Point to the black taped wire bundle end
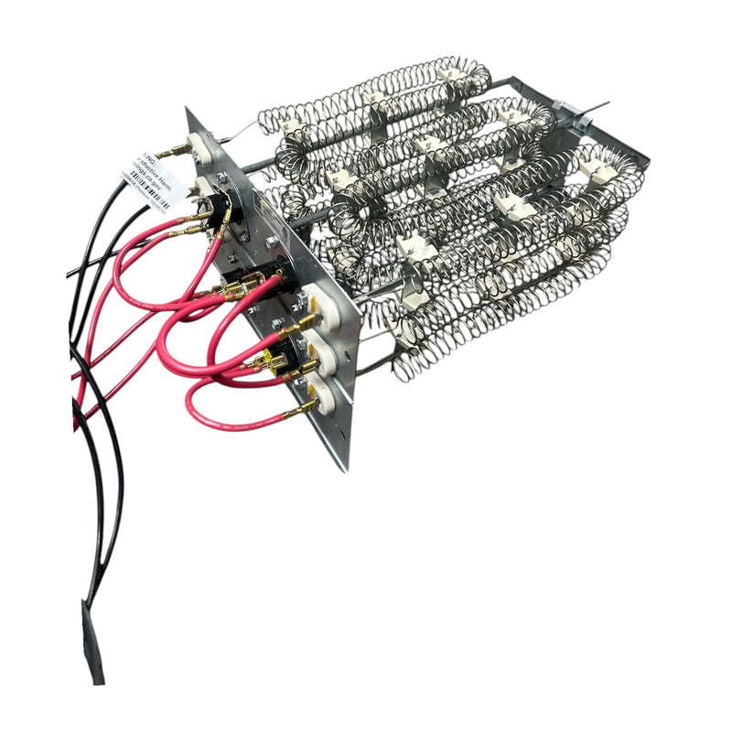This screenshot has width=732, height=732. (x=92, y=640)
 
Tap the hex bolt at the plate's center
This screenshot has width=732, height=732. (x=272, y=242)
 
